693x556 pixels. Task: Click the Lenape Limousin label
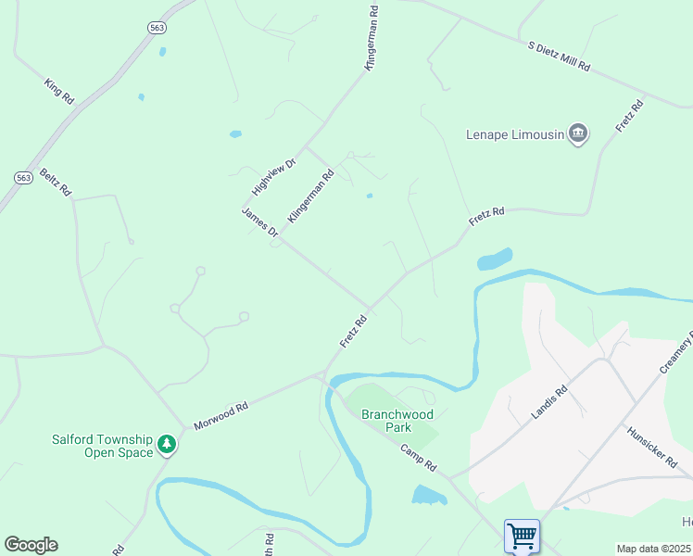514,134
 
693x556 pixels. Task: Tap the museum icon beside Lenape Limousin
578,134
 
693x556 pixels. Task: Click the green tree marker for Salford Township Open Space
167,445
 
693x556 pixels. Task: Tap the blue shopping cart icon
522,536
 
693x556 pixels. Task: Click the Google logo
31,545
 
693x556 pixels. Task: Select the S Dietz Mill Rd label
559,57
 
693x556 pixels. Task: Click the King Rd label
58,91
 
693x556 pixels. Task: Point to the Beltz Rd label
55,183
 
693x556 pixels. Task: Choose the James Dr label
260,222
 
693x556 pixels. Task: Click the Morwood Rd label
220,415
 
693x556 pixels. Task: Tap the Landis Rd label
548,403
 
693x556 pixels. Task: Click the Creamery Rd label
677,356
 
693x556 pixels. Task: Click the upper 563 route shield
157,28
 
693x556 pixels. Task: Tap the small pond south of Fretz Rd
495,259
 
